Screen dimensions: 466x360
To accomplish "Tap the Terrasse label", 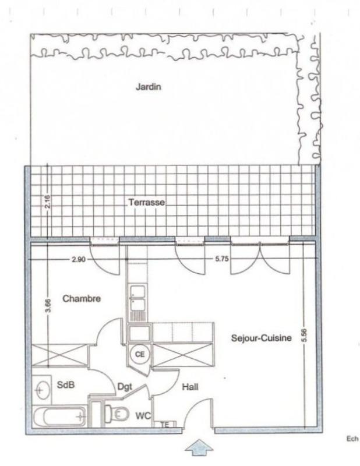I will (x=147, y=203).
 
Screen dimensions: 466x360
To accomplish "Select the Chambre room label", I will (x=82, y=298).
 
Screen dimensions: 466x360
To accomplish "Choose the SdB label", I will (x=65, y=385).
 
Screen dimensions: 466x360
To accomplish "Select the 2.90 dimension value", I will (x=77, y=260).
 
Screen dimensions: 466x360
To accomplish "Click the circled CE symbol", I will (x=140, y=353).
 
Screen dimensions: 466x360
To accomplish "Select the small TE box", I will (x=165, y=425).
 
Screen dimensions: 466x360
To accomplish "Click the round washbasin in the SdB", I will (x=41, y=387).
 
